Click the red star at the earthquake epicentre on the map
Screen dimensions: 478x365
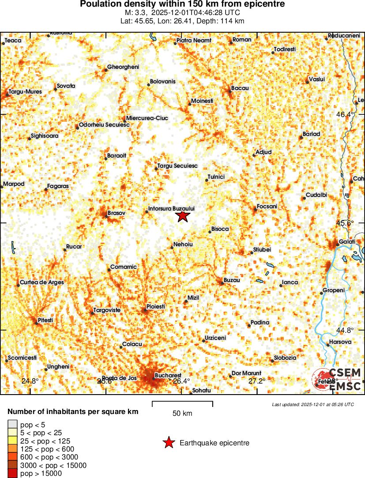click(x=183, y=216)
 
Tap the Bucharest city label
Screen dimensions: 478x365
click(x=168, y=376)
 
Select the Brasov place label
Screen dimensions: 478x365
click(x=117, y=213)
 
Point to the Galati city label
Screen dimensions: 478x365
click(x=347, y=242)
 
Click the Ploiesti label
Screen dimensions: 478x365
click(x=156, y=306)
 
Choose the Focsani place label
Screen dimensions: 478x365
click(x=267, y=207)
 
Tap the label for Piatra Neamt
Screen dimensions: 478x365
click(x=194, y=41)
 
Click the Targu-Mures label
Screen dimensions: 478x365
click(x=25, y=92)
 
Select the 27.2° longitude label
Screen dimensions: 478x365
click(x=257, y=381)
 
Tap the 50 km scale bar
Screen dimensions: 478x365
click(x=182, y=403)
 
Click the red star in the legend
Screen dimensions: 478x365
click(x=168, y=443)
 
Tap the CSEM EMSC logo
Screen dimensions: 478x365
click(x=338, y=379)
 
